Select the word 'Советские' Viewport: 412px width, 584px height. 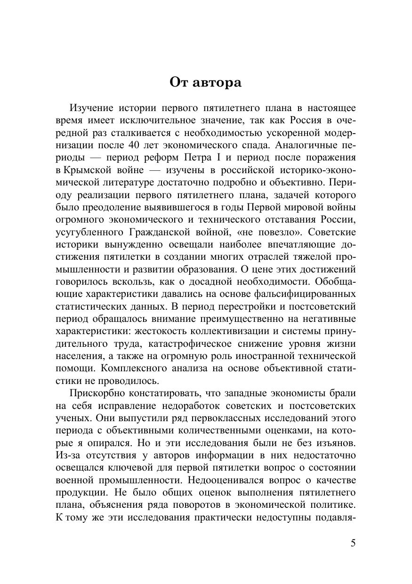click(x=331, y=232)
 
